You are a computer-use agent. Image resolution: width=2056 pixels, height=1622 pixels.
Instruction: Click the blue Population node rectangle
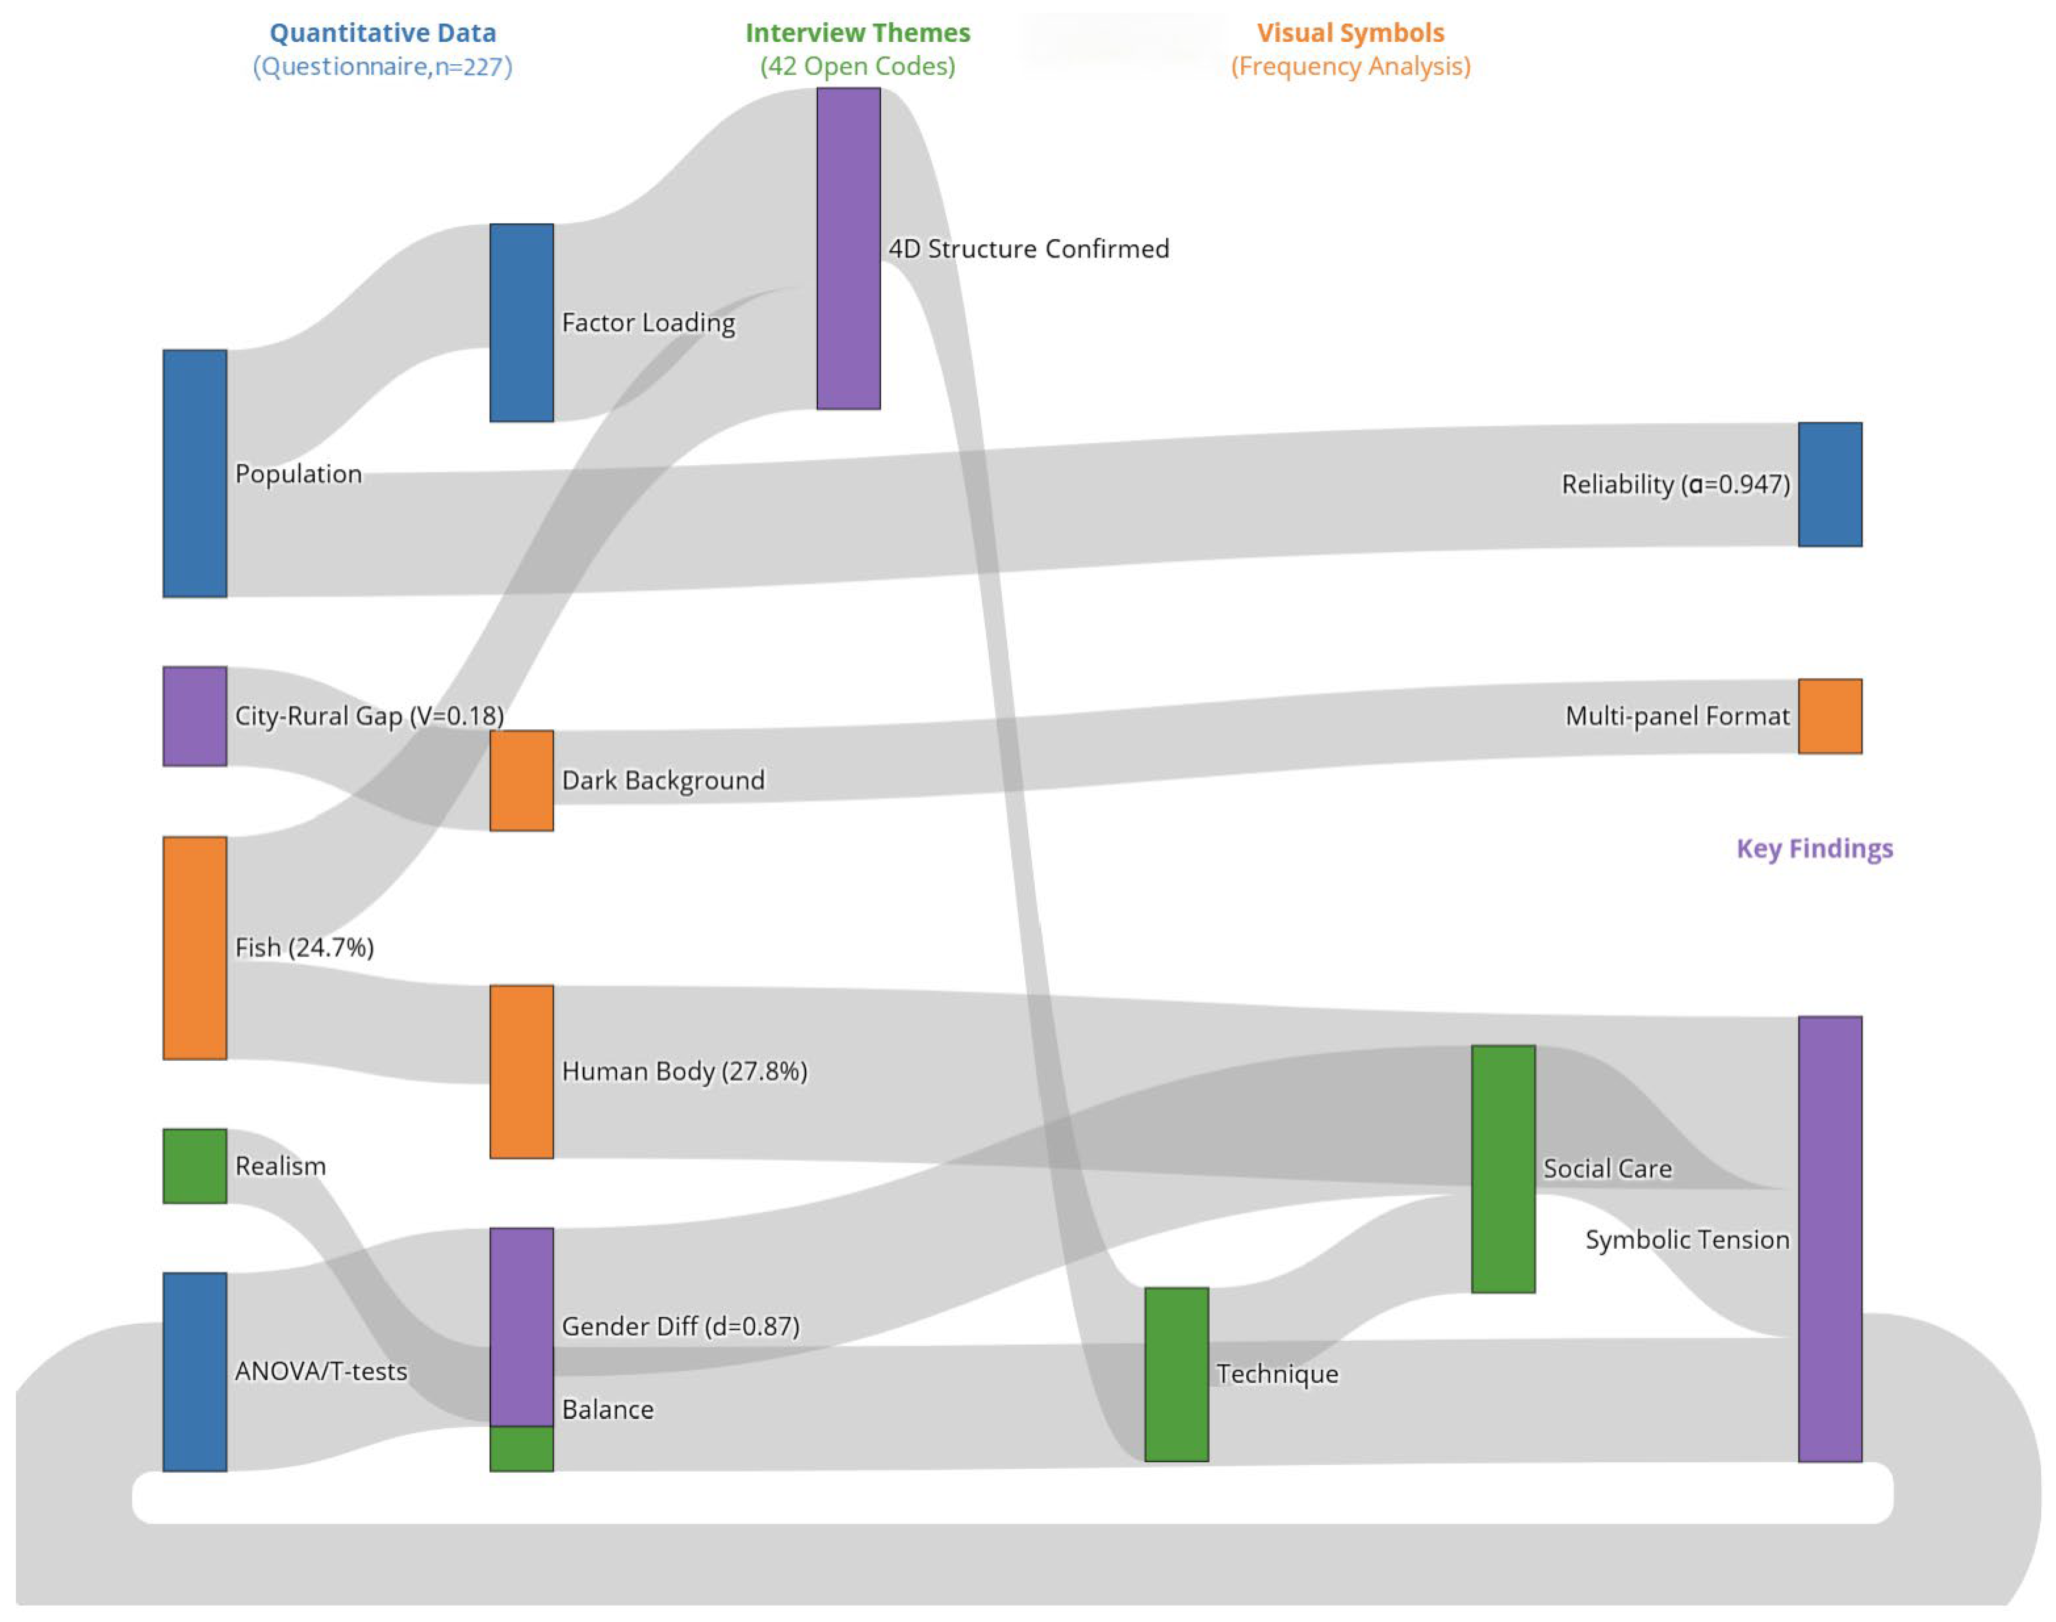pos(194,473)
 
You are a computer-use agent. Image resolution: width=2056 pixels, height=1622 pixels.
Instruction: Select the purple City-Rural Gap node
pos(194,716)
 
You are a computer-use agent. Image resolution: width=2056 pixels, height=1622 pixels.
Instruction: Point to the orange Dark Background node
pos(521,781)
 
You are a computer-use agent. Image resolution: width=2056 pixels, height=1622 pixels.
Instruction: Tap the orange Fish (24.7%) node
pos(194,947)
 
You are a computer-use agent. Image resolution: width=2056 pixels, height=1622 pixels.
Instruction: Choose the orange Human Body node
pos(521,1071)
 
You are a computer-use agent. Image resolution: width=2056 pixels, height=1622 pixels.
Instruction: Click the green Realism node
pos(194,1166)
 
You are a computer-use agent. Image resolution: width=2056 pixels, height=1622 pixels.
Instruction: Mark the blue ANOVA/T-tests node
pos(194,1371)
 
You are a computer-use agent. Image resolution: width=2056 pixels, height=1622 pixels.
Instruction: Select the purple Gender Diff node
pos(521,1327)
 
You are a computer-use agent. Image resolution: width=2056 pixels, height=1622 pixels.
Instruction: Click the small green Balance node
pos(521,1448)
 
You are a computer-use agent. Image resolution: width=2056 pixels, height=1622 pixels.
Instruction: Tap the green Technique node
pos(1176,1374)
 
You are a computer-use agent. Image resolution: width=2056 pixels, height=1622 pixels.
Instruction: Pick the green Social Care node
pos(1503,1169)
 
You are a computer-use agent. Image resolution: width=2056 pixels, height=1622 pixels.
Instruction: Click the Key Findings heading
pos(1814,848)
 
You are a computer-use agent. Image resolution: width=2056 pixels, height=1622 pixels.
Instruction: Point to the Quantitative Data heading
pos(382,33)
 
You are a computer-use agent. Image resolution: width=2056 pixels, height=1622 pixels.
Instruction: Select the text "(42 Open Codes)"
pos(857,67)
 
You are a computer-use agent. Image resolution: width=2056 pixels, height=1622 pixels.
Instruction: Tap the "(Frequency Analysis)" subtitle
pos(1350,67)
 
